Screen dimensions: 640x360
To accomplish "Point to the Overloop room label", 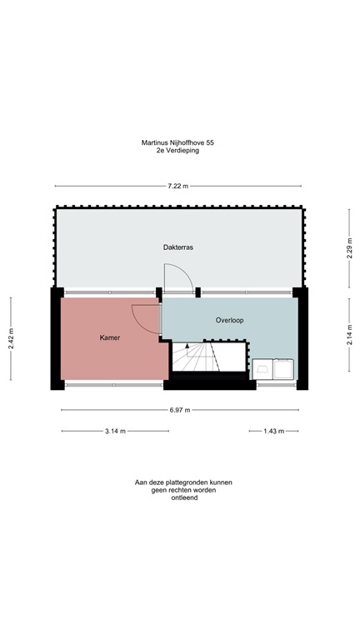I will point(229,319).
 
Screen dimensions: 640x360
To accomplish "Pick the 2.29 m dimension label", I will point(349,248).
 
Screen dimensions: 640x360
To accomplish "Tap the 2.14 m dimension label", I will point(349,332).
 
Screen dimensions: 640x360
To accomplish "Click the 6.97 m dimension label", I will point(179,410).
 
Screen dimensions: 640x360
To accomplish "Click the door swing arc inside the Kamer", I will point(145,318).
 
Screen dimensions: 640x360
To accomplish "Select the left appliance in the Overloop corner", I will point(265,368).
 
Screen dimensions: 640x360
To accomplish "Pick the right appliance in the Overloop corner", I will point(284,368).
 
